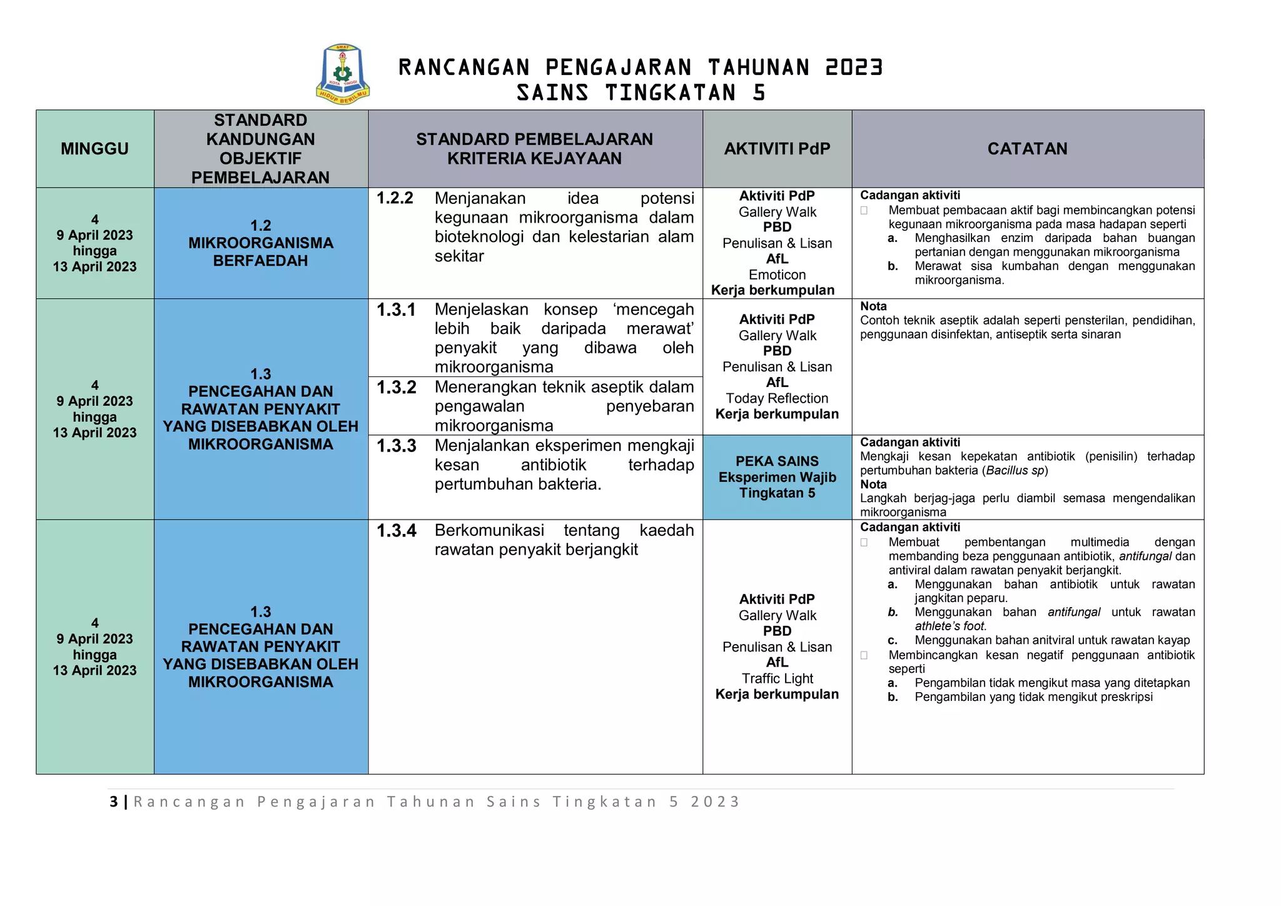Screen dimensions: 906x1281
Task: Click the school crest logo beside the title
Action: pyautogui.click(x=342, y=74)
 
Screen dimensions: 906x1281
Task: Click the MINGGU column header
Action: pyautogui.click(x=94, y=149)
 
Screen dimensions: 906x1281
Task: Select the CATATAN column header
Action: pyautogui.click(x=1027, y=149)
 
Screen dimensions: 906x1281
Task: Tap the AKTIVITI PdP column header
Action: pyautogui.click(x=777, y=149)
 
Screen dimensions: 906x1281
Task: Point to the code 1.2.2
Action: pyautogui.click(x=395, y=198)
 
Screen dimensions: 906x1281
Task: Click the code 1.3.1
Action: pyautogui.click(x=396, y=310)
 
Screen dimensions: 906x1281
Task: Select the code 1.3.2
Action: pyautogui.click(x=396, y=387)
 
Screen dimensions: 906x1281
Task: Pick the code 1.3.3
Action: pyautogui.click(x=396, y=446)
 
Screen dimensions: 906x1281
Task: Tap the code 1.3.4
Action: pyautogui.click(x=396, y=531)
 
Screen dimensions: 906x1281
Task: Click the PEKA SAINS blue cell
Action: pyautogui.click(x=777, y=477)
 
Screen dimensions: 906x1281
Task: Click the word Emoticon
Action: pyautogui.click(x=777, y=274)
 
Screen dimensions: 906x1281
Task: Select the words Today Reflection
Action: pyautogui.click(x=777, y=398)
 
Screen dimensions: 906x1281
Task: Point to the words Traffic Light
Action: pyautogui.click(x=777, y=678)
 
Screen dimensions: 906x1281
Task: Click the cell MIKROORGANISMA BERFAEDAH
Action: pyautogui.click(x=260, y=243)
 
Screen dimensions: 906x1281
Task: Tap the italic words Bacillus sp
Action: pyautogui.click(x=1015, y=470)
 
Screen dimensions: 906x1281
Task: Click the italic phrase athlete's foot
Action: pyautogui.click(x=950, y=626)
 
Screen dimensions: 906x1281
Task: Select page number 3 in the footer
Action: pyautogui.click(x=113, y=802)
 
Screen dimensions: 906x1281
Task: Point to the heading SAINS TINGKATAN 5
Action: pyautogui.click(x=640, y=93)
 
